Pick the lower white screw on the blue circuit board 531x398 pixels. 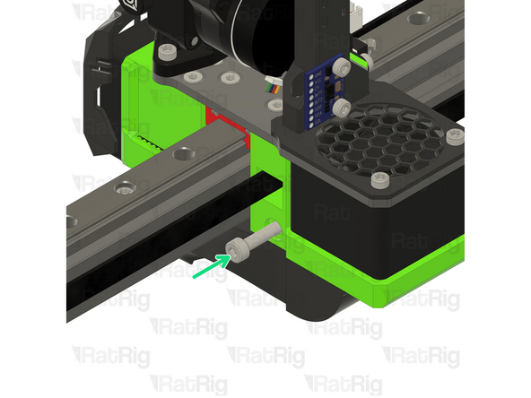(x=341, y=108)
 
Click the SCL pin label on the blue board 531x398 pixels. (x=315, y=93)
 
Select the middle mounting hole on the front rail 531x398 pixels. (x=126, y=187)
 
